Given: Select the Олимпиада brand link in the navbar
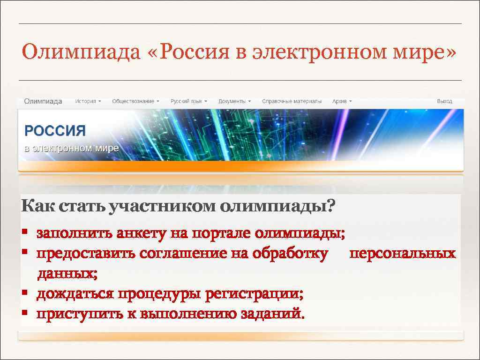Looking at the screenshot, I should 43,101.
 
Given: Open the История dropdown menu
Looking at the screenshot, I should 88,101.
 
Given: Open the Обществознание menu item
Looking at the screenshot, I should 135,101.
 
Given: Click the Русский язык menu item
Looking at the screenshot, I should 188,101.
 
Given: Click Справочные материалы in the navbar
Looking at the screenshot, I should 292,101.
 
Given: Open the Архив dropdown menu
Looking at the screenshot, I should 342,101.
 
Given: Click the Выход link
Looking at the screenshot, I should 444,101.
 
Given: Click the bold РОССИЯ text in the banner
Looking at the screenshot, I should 55,131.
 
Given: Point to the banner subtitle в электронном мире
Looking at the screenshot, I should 71,149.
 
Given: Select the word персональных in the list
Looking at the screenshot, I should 403,254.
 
